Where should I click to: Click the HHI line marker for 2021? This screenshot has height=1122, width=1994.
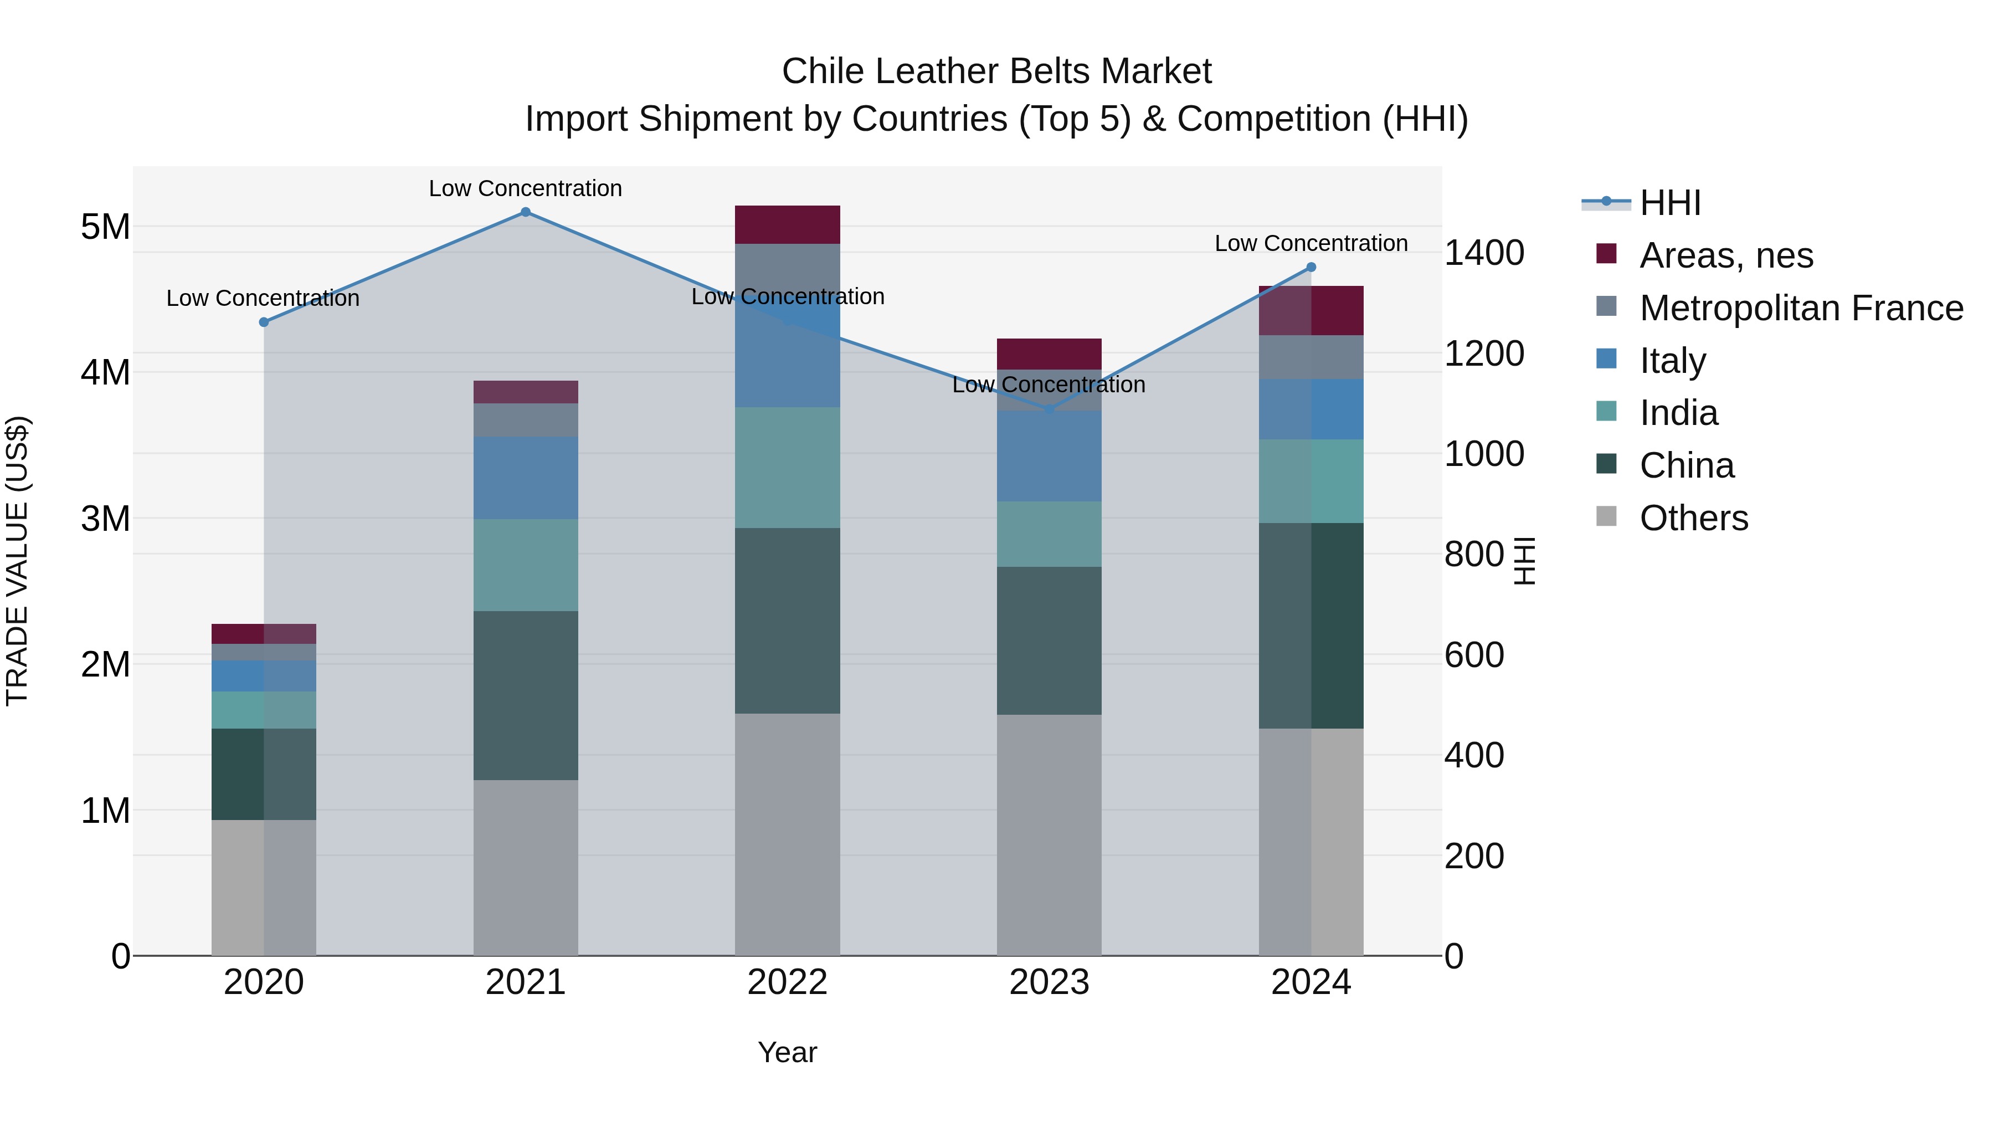(x=526, y=212)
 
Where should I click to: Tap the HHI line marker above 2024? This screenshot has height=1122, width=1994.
(x=1311, y=267)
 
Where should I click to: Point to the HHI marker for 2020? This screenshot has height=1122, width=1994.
(x=264, y=322)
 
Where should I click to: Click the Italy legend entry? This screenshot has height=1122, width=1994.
(x=1672, y=361)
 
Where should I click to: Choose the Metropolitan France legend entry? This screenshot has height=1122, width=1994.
(x=1801, y=308)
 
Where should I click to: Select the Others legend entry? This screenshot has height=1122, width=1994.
(x=1693, y=518)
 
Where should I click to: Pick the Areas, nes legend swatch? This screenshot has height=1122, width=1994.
(x=1607, y=254)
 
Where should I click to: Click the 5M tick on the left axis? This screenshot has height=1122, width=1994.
(x=105, y=227)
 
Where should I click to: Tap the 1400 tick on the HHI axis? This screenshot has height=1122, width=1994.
(x=1484, y=253)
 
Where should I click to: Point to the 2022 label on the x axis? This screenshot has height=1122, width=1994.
(x=787, y=982)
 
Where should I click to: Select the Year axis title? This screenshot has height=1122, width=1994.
(x=787, y=1052)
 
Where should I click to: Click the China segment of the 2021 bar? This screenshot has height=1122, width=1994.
(x=526, y=695)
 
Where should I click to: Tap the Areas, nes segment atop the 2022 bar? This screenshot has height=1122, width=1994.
(x=787, y=224)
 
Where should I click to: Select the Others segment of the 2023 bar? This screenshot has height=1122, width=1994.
(x=1049, y=835)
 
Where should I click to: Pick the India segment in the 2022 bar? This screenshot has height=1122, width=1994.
(x=787, y=468)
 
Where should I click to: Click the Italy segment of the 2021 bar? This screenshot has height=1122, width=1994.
(x=526, y=478)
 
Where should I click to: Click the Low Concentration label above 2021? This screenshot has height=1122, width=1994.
(x=526, y=188)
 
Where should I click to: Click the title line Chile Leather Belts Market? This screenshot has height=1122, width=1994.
(x=996, y=71)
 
